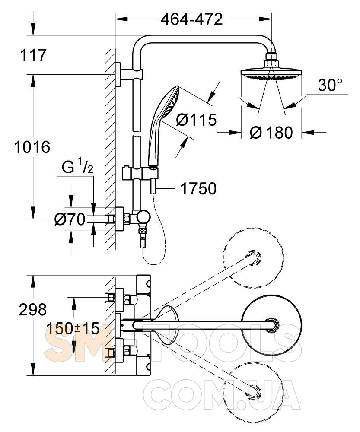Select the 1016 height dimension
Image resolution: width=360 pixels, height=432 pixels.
32,147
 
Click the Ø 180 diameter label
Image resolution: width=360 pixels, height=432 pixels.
271,132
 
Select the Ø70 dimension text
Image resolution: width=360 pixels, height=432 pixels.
70,220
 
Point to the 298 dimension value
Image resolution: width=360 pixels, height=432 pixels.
32,309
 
